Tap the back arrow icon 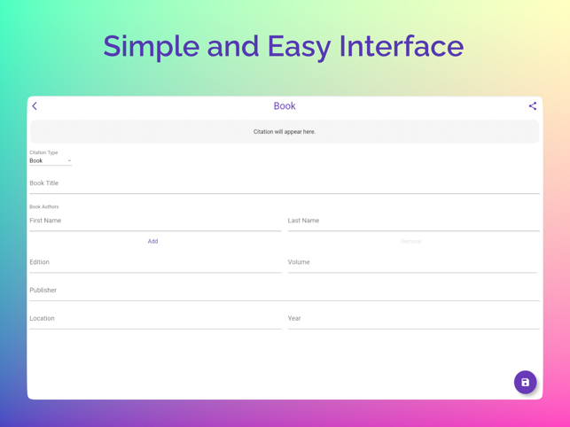[x=35, y=106]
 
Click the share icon [x=533, y=106]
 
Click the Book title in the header [x=285, y=106]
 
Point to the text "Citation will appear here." [x=285, y=132]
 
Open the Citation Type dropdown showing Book [x=51, y=161]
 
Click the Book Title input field [x=285, y=183]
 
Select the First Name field [x=155, y=221]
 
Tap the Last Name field [x=413, y=221]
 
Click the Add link [x=152, y=241]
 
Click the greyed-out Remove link [x=410, y=241]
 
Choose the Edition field [x=155, y=262]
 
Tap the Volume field [x=412, y=262]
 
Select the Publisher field [x=285, y=291]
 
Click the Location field [x=155, y=319]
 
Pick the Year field [x=413, y=319]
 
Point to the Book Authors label [x=44, y=206]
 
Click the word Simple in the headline [x=151, y=47]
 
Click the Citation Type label [x=43, y=152]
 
